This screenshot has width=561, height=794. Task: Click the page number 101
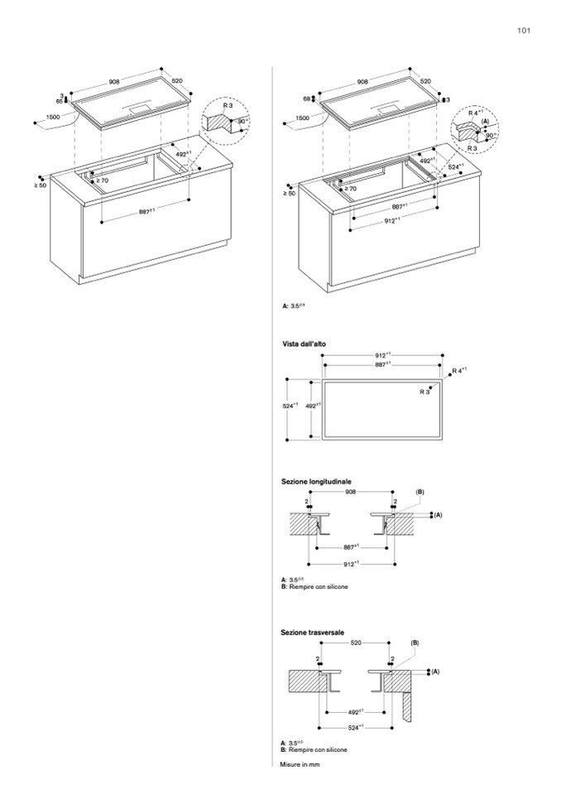tap(522, 31)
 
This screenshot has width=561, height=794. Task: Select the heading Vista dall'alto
tap(304, 343)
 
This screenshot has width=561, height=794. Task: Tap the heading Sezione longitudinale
tap(317, 480)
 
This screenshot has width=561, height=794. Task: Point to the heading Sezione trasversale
tap(313, 631)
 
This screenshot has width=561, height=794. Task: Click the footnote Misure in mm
tap(300, 764)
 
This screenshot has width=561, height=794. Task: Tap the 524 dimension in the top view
tap(289, 406)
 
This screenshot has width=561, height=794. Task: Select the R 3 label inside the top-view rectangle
tap(424, 391)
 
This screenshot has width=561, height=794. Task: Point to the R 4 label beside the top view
tap(461, 369)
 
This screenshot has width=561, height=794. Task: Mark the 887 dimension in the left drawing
tap(146, 212)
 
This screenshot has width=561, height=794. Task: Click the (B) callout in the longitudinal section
tap(420, 492)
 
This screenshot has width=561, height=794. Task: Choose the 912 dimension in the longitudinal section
tap(351, 564)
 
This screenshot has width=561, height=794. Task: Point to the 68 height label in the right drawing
tap(305, 99)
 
